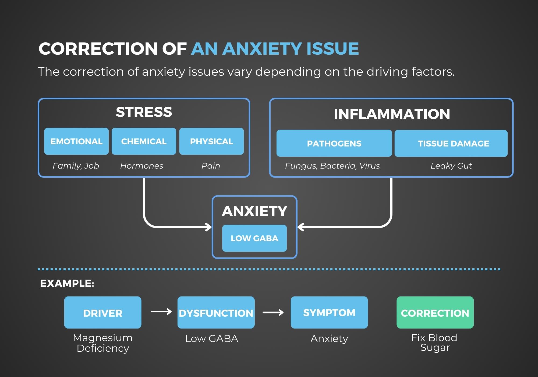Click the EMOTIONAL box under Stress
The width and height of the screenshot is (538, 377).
(x=76, y=141)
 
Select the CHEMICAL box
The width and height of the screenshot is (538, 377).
(x=144, y=141)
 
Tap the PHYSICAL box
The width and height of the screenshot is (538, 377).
(x=211, y=141)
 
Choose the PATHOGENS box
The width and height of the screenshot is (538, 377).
(x=334, y=143)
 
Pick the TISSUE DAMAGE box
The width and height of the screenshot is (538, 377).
(x=451, y=143)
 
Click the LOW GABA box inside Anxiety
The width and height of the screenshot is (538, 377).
(x=254, y=238)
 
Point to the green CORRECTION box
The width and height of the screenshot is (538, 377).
(x=435, y=312)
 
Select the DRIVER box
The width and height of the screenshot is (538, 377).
(x=103, y=312)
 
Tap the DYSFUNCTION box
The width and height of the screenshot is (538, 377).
(x=216, y=312)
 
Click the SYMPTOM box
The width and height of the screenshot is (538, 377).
(x=329, y=312)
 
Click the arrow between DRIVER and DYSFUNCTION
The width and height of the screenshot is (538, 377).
(x=161, y=312)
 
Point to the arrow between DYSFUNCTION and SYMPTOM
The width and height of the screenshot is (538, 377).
(x=273, y=312)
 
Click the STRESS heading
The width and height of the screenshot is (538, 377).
(x=144, y=112)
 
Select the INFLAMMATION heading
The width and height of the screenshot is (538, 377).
(x=392, y=114)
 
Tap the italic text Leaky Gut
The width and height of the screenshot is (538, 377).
(x=451, y=166)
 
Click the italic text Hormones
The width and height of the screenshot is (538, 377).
(x=142, y=166)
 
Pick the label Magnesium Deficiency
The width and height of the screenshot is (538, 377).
(x=103, y=343)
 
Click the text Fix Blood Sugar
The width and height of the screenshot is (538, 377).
(x=434, y=342)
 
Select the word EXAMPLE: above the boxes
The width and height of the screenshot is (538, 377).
(x=67, y=283)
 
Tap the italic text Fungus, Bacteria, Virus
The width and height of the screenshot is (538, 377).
(x=332, y=166)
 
